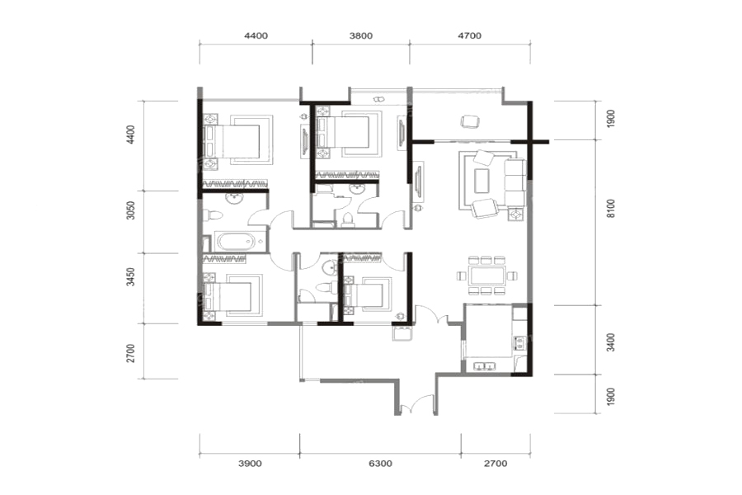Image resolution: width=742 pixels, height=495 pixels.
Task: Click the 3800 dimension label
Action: coord(360,35)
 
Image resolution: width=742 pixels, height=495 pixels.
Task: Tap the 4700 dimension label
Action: coord(469,35)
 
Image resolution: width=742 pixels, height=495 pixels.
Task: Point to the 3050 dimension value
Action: coord(131,210)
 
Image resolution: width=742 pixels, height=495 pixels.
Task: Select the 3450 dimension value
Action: coord(131,276)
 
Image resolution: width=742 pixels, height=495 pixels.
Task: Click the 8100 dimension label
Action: coord(612,209)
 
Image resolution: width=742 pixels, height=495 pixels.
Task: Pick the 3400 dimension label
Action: coord(612,342)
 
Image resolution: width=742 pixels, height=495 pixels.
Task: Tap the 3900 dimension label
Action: coord(249,464)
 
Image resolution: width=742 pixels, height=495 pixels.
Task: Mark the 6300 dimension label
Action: coord(380,464)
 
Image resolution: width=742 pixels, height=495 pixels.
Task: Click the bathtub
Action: coord(236,242)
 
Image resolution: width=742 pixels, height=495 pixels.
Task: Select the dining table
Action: coord(487,276)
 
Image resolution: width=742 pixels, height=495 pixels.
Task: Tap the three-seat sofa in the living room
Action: coord(514,183)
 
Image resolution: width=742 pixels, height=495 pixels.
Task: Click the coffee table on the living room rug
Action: coord(481,181)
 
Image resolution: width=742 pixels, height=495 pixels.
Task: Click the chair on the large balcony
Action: coord(470,121)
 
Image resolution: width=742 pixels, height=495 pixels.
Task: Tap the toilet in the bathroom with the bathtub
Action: coord(213,215)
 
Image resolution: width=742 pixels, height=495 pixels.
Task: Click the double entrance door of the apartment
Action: coord(416,405)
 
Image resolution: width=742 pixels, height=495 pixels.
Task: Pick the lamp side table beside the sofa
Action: coord(515,214)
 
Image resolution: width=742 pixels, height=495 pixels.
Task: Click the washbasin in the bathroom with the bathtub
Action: coord(234,198)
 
